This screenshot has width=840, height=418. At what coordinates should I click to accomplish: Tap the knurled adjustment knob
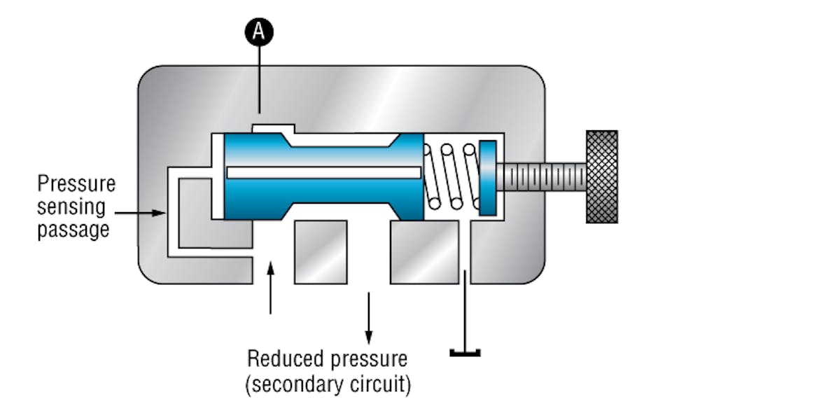pos(601,176)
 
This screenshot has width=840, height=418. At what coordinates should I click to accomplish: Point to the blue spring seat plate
pos(487,176)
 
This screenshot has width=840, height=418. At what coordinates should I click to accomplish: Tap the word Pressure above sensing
pos(76,184)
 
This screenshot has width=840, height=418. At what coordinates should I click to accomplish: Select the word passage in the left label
pos(73,229)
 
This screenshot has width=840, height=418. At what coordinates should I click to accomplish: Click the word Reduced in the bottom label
pos(285,358)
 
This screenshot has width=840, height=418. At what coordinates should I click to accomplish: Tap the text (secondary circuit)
pos(328,384)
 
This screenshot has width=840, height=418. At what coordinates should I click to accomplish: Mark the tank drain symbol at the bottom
pos(465,350)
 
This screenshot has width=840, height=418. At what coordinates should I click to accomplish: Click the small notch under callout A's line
pos(274,128)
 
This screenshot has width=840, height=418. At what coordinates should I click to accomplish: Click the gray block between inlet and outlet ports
pos(321,251)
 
